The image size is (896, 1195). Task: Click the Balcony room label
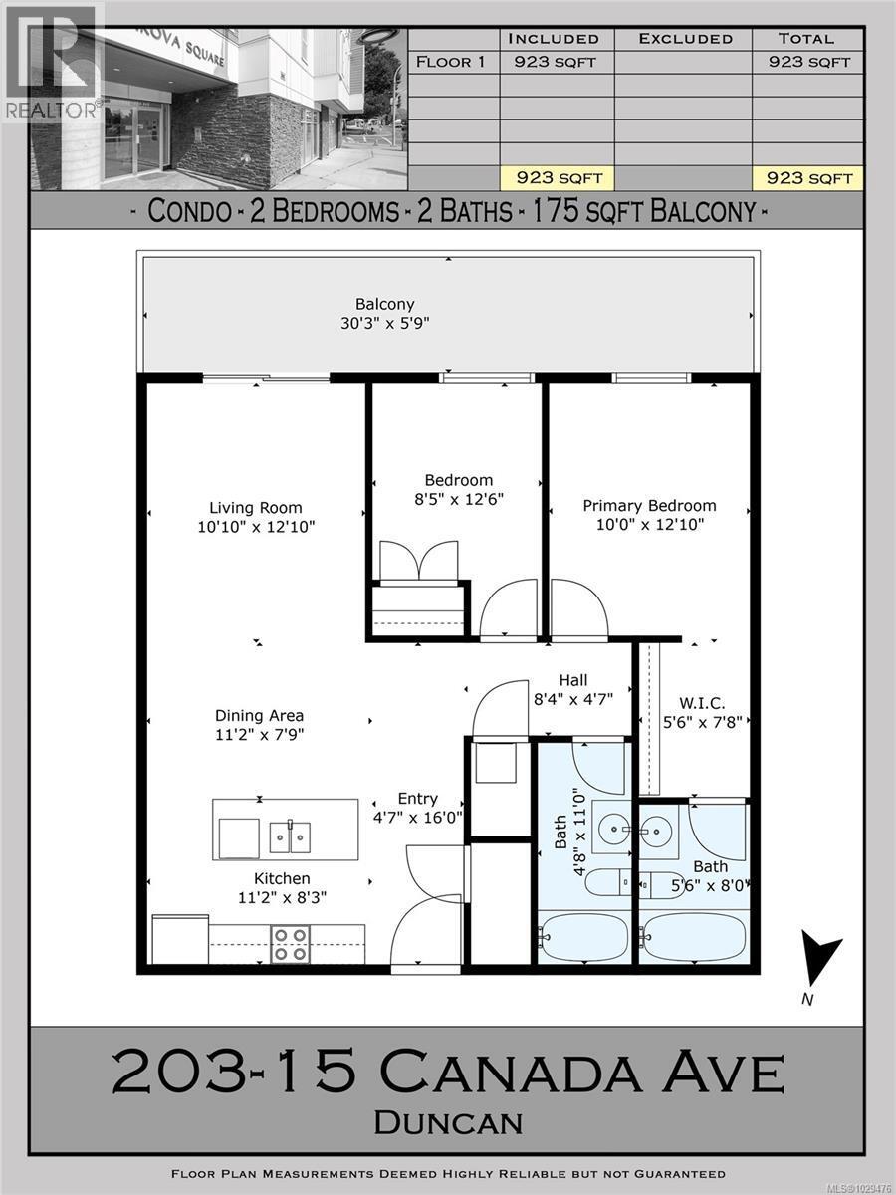pyautogui.click(x=384, y=304)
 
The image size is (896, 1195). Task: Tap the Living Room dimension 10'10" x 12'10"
pyautogui.click(x=256, y=527)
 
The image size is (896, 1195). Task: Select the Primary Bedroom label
pyautogui.click(x=649, y=506)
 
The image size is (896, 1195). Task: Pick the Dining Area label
pyautogui.click(x=259, y=715)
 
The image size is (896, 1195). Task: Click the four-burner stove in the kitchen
pyautogui.click(x=290, y=943)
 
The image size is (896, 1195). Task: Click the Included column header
pyautogui.click(x=554, y=39)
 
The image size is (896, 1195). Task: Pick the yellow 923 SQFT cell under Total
pyautogui.click(x=806, y=178)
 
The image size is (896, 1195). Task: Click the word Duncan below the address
pyautogui.click(x=447, y=1122)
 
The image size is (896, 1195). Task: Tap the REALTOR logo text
pyautogui.click(x=50, y=109)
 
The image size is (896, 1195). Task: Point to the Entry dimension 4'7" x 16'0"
pyautogui.click(x=417, y=818)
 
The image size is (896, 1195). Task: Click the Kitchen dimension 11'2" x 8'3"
pyautogui.click(x=281, y=896)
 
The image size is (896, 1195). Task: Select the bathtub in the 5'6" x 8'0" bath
pyautogui.click(x=692, y=937)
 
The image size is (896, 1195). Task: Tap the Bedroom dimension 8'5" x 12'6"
pyautogui.click(x=455, y=499)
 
